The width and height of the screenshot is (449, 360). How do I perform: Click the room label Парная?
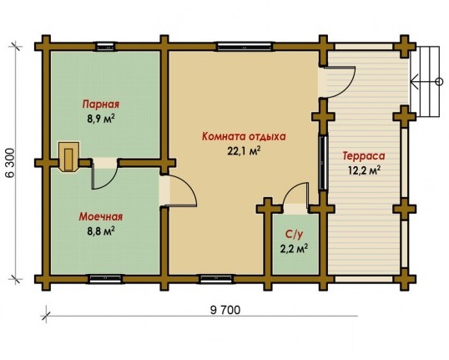101,104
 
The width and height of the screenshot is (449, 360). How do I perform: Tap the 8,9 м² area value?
101,119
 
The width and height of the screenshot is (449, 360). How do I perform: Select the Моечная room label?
101,216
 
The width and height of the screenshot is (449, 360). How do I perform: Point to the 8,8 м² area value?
101,231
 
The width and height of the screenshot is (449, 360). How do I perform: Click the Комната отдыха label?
244,136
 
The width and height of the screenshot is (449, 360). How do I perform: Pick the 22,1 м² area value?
244,150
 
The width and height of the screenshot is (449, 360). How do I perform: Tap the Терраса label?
364,156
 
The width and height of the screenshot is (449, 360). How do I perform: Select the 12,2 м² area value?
364,170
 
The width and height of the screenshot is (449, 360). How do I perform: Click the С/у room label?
294,234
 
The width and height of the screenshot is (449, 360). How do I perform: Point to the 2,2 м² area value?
294,248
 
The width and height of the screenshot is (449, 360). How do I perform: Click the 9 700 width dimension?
225,310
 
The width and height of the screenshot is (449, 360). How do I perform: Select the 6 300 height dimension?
10,163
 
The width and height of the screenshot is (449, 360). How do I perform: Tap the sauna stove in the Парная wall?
68,156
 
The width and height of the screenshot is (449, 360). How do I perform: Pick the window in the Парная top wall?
105,47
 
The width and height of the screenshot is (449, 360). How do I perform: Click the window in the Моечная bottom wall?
105,279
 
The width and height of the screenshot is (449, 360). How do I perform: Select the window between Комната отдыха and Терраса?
323,163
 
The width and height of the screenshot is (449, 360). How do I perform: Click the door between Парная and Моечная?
105,174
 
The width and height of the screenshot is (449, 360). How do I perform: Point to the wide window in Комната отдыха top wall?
244,47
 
